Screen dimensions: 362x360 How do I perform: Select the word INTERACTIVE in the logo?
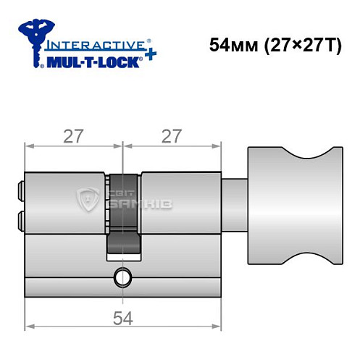pyautogui.click(x=90, y=43)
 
